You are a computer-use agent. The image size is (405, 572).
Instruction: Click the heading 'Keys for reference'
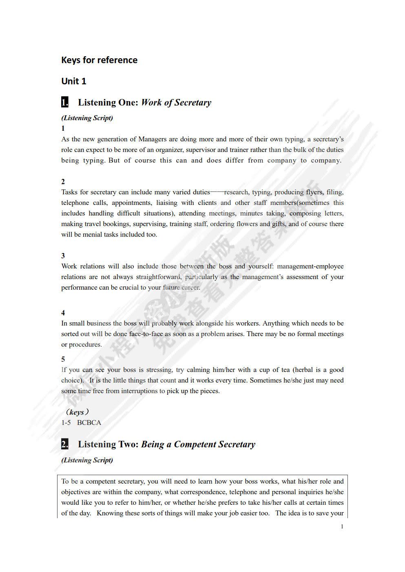[99, 60]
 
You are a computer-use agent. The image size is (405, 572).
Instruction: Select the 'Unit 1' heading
[74, 81]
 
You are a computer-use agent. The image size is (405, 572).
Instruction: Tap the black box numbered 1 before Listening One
[65, 102]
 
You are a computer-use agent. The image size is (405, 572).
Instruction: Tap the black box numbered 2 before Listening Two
[65, 444]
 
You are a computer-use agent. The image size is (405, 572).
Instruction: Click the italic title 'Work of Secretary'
[176, 103]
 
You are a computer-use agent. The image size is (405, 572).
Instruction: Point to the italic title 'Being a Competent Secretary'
[198, 444]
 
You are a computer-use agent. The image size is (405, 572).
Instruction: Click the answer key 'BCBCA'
[89, 422]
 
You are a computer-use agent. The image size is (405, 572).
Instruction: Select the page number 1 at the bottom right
[342, 526]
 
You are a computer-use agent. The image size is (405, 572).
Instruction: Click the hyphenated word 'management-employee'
[310, 266]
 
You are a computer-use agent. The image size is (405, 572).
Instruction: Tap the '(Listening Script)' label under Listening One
[87, 118]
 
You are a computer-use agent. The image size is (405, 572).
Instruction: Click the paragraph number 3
[63, 256]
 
